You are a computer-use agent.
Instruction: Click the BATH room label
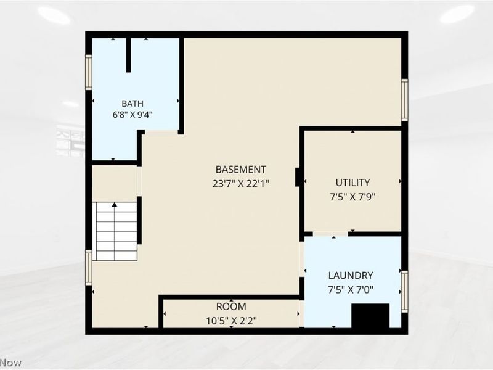pyautogui.click(x=132, y=104)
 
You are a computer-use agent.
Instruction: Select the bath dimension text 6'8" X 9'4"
pyautogui.click(x=132, y=115)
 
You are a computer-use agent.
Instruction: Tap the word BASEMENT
pyautogui.click(x=241, y=170)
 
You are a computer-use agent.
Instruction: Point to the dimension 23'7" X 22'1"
pyautogui.click(x=241, y=183)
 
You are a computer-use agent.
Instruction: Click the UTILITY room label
pyautogui.click(x=352, y=183)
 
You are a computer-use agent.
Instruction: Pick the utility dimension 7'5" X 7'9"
pyautogui.click(x=352, y=197)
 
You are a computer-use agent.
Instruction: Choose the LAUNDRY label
pyautogui.click(x=351, y=275)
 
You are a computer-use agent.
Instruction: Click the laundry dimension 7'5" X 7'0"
pyautogui.click(x=351, y=289)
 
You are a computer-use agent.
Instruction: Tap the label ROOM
pyautogui.click(x=231, y=306)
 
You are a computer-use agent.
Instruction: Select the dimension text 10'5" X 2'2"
pyautogui.click(x=231, y=321)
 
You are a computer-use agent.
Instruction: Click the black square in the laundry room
pyautogui.click(x=370, y=316)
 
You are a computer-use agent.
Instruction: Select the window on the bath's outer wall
pyautogui.click(x=89, y=72)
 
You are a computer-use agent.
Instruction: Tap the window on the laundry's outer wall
pyautogui.click(x=405, y=292)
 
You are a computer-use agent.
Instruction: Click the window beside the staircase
pyautogui.click(x=89, y=268)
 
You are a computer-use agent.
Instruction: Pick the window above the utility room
pyautogui.click(x=405, y=100)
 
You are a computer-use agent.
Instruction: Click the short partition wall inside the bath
pyautogui.click(x=128, y=55)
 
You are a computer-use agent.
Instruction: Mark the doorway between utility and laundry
pyautogui.click(x=330, y=234)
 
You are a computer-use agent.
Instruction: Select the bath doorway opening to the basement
pyautogui.click(x=161, y=132)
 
